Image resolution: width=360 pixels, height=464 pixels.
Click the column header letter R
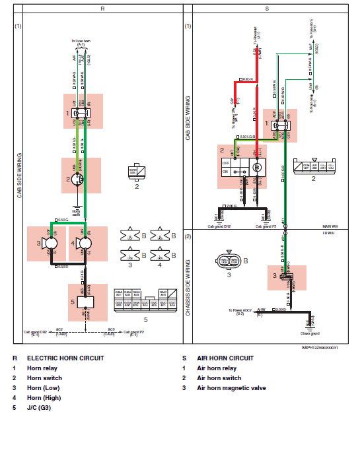[102, 9]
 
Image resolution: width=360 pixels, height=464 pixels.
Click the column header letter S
[267, 9]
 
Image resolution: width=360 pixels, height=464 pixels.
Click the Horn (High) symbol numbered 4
[84, 244]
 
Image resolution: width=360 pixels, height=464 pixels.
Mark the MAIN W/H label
[330, 226]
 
